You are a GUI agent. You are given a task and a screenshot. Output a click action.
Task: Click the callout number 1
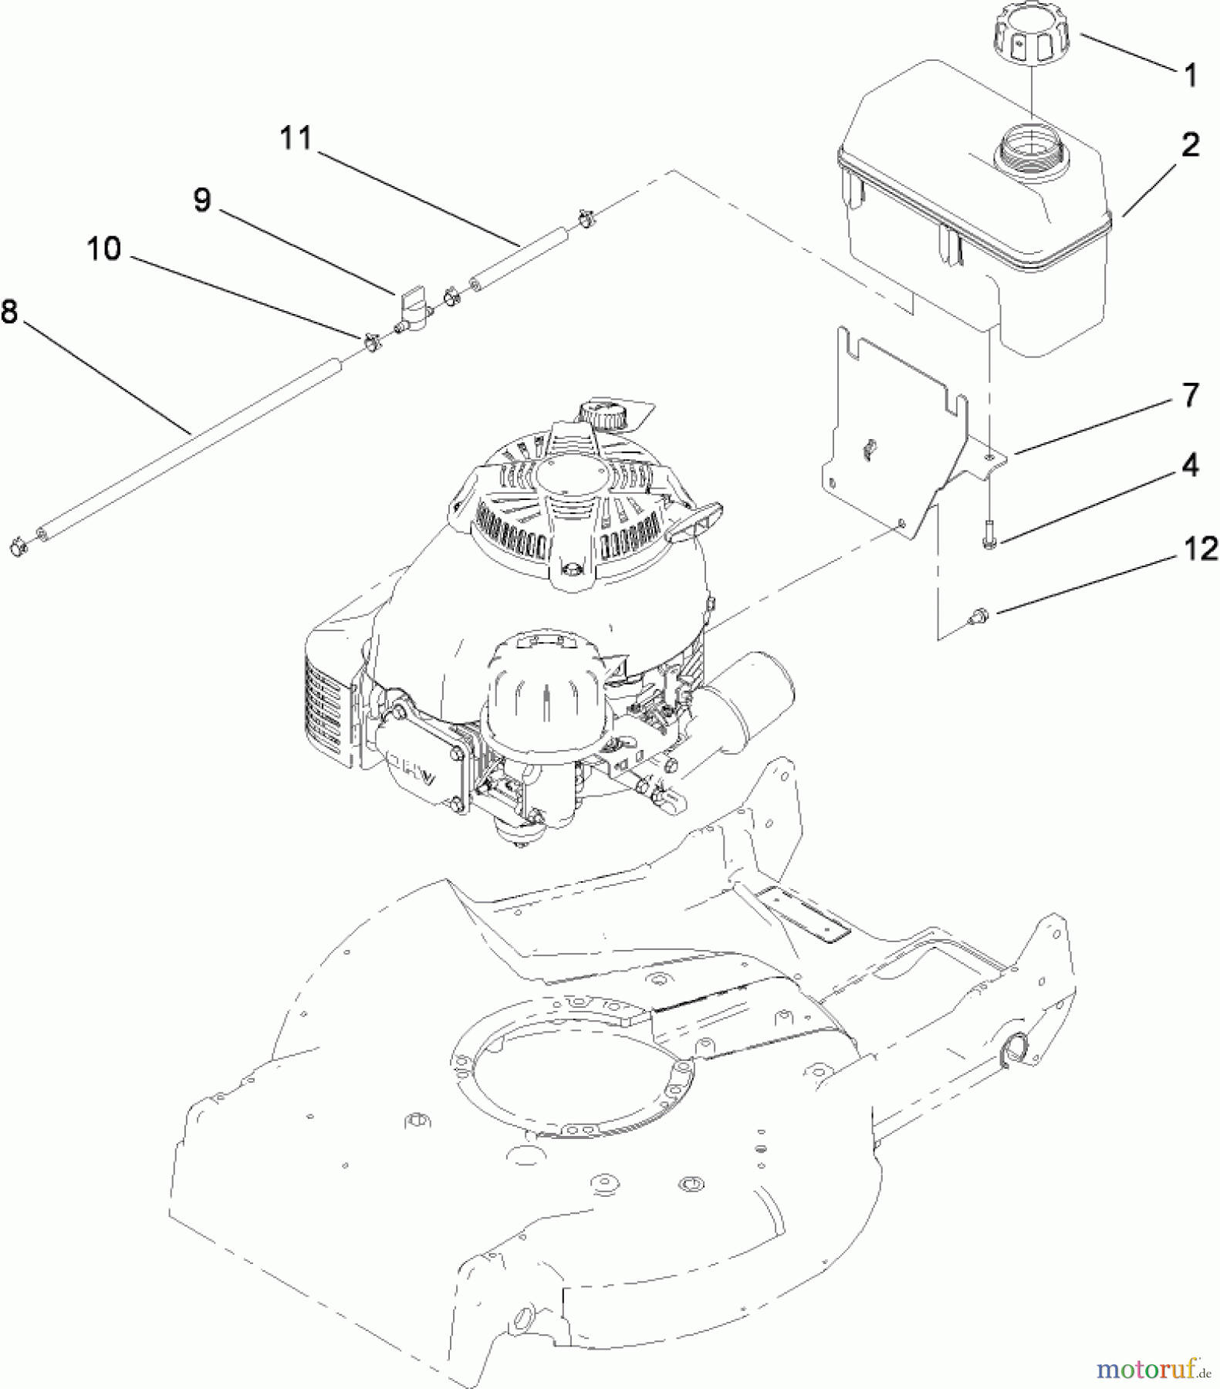(x=1190, y=76)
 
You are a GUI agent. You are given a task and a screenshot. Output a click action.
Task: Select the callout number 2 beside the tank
(x=1190, y=144)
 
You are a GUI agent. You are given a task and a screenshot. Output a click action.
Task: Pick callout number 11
(x=296, y=138)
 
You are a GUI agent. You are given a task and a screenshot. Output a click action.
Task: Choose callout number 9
(x=201, y=200)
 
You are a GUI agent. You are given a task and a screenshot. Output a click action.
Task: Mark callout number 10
(x=103, y=248)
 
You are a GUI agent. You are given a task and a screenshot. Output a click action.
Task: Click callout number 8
(x=9, y=312)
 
